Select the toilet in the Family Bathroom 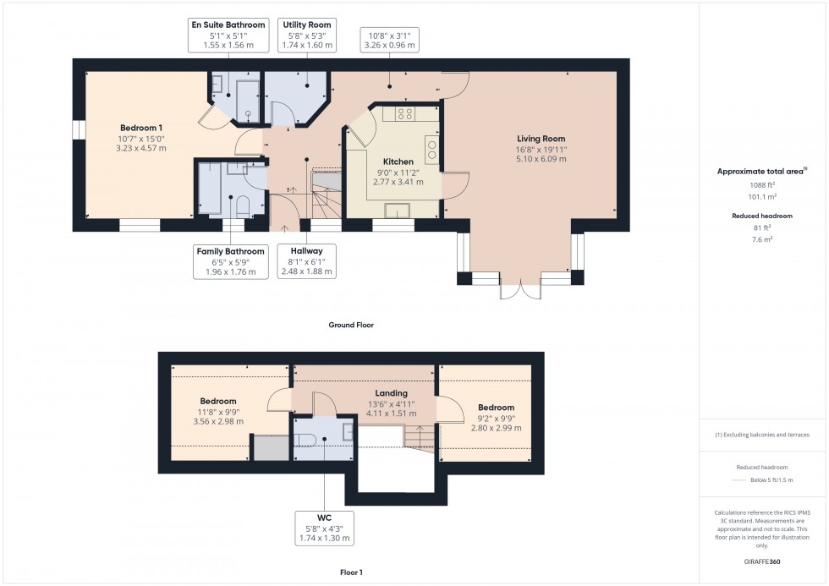(x=242, y=205)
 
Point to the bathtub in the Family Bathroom (x=209, y=190)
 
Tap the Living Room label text (x=541, y=139)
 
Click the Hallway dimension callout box (x=307, y=261)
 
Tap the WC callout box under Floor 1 (x=324, y=528)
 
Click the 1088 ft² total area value (x=762, y=185)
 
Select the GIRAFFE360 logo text (x=761, y=561)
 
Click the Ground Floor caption (x=350, y=325)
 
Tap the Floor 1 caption (x=350, y=572)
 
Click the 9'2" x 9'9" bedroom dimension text (x=495, y=418)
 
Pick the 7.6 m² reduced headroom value (x=762, y=239)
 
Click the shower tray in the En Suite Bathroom (x=249, y=99)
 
